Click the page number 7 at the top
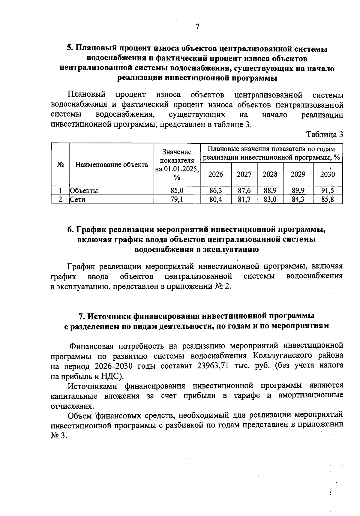(x=197, y=27)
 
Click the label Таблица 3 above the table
(x=324, y=134)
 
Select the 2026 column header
(x=216, y=174)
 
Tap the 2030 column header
(x=328, y=174)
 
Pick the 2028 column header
(x=270, y=174)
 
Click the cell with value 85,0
(x=177, y=190)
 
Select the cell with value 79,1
(x=177, y=199)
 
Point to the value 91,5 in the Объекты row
(x=328, y=190)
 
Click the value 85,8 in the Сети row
(x=328, y=199)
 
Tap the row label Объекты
(x=84, y=190)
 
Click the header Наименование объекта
(x=112, y=165)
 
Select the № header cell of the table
(x=60, y=165)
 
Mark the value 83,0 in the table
(x=270, y=199)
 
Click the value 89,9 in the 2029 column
(x=298, y=190)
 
